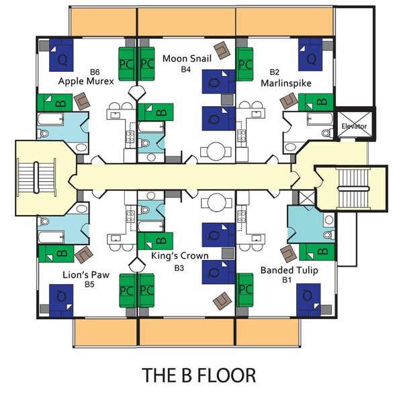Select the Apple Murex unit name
(x=87, y=81)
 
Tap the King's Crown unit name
(x=179, y=256)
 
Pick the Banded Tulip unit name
(x=289, y=271)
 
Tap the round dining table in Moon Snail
(x=216, y=149)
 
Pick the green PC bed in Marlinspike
(x=245, y=64)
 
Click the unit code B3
(x=179, y=267)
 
